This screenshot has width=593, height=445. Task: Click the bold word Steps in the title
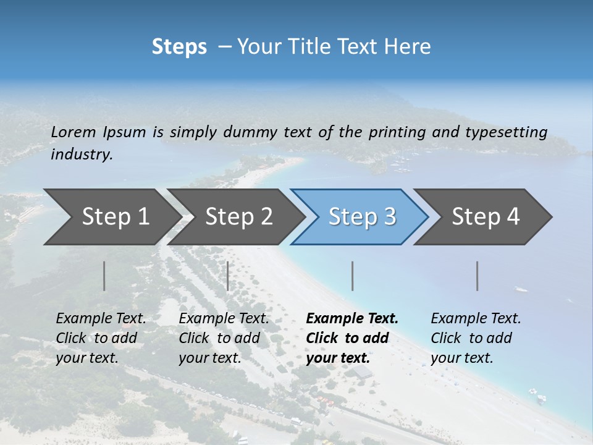179,46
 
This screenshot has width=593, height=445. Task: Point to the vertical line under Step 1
104,276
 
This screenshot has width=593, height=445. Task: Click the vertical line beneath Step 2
228,276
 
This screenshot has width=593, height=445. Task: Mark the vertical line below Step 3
353,276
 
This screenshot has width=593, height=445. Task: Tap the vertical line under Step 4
477,276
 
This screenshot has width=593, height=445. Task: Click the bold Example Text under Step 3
352,338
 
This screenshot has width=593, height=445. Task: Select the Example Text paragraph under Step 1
101,338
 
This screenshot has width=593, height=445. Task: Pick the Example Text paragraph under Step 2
224,338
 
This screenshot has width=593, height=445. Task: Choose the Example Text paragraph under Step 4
476,338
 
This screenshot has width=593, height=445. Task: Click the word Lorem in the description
74,132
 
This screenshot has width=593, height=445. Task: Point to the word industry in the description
82,154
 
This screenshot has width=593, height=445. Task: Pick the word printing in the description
390,132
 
